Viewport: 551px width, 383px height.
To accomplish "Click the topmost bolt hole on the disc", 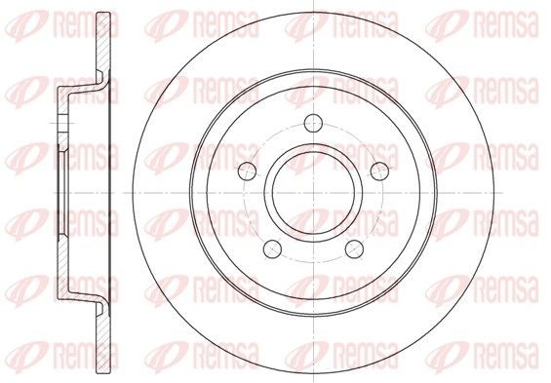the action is coord(313,123).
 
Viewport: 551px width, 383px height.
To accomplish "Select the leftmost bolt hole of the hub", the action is coord(248,172).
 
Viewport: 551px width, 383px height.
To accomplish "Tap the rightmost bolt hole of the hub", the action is coord(380,172).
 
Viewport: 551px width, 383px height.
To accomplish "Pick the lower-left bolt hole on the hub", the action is coord(273,249).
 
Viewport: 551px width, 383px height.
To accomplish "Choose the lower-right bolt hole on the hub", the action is coord(354,249).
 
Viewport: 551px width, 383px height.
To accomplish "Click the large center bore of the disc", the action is coord(313,193).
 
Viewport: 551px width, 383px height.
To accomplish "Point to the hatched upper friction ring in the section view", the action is coord(103,42).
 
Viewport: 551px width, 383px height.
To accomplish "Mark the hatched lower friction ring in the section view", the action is coord(103,344).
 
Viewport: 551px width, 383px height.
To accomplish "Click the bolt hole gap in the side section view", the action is coord(62,123).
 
